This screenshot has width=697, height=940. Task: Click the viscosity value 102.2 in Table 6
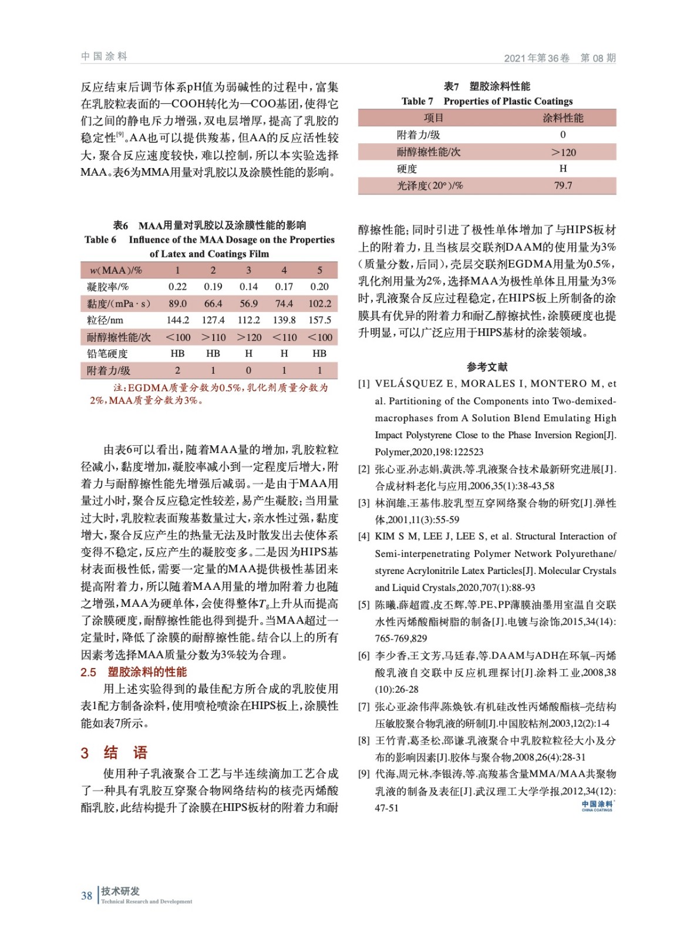[319, 304]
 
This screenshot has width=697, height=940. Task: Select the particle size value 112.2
[248, 320]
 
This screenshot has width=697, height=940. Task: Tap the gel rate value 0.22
[177, 287]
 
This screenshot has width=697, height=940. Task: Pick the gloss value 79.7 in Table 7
[563, 186]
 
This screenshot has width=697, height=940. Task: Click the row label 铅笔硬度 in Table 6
[107, 354]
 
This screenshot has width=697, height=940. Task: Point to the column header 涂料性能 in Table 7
[563, 118]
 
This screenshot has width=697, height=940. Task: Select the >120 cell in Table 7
[563, 152]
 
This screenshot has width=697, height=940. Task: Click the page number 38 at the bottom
[86, 895]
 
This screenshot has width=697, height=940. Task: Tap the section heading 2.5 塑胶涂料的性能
[134, 672]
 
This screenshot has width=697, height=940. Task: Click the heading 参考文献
[487, 367]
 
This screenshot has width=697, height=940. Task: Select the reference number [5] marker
[364, 605]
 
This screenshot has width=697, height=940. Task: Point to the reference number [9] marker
[364, 774]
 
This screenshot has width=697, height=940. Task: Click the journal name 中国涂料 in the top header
[104, 56]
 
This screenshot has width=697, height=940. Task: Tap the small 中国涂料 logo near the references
[597, 805]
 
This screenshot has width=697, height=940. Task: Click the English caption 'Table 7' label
[417, 101]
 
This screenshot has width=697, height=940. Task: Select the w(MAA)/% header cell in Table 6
[116, 270]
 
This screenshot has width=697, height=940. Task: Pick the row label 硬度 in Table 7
[407, 169]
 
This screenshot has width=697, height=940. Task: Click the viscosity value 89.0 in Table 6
[177, 304]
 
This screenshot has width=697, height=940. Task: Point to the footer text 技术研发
[120, 891]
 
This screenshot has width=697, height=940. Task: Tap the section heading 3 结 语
[115, 753]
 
